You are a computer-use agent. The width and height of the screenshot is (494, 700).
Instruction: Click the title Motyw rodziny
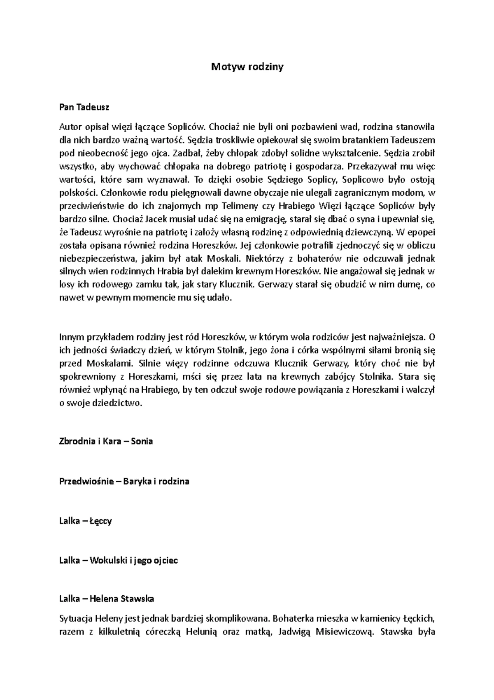[247, 67]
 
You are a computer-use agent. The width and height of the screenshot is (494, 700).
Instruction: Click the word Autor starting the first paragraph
[70, 127]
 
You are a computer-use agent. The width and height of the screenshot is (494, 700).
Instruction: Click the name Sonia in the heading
[142, 441]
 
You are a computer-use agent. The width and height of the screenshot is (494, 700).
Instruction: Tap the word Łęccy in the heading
[100, 521]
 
